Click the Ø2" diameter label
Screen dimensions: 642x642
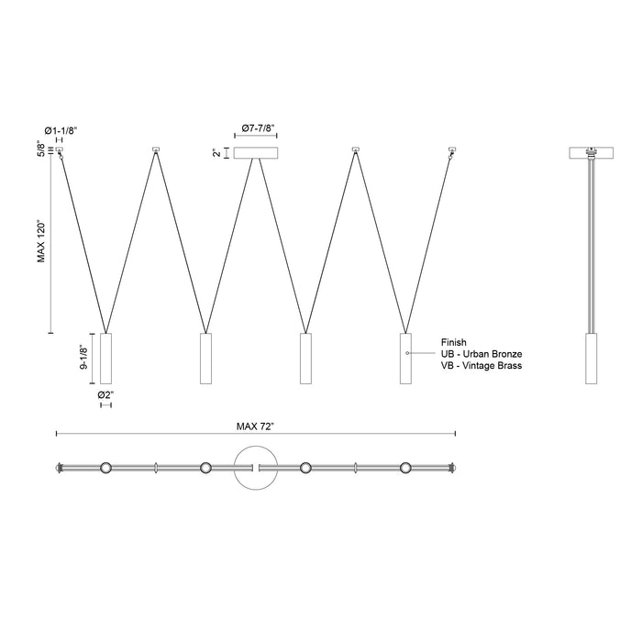tap(106, 394)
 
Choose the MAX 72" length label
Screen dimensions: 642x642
tap(256, 426)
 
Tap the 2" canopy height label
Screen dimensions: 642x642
tap(217, 153)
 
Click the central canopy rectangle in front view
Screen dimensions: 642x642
tap(256, 153)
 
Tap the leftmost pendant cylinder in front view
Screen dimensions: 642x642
tap(105, 358)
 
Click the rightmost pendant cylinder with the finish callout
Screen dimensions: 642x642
tap(406, 358)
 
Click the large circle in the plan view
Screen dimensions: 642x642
tap(256, 468)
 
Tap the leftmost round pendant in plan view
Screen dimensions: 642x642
tap(105, 468)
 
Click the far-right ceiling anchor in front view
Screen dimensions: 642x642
tap(451, 150)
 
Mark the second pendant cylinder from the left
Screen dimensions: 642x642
tap(205, 358)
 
